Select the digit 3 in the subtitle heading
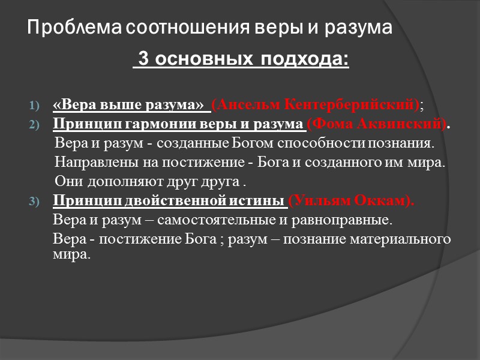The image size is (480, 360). tap(143, 61)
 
